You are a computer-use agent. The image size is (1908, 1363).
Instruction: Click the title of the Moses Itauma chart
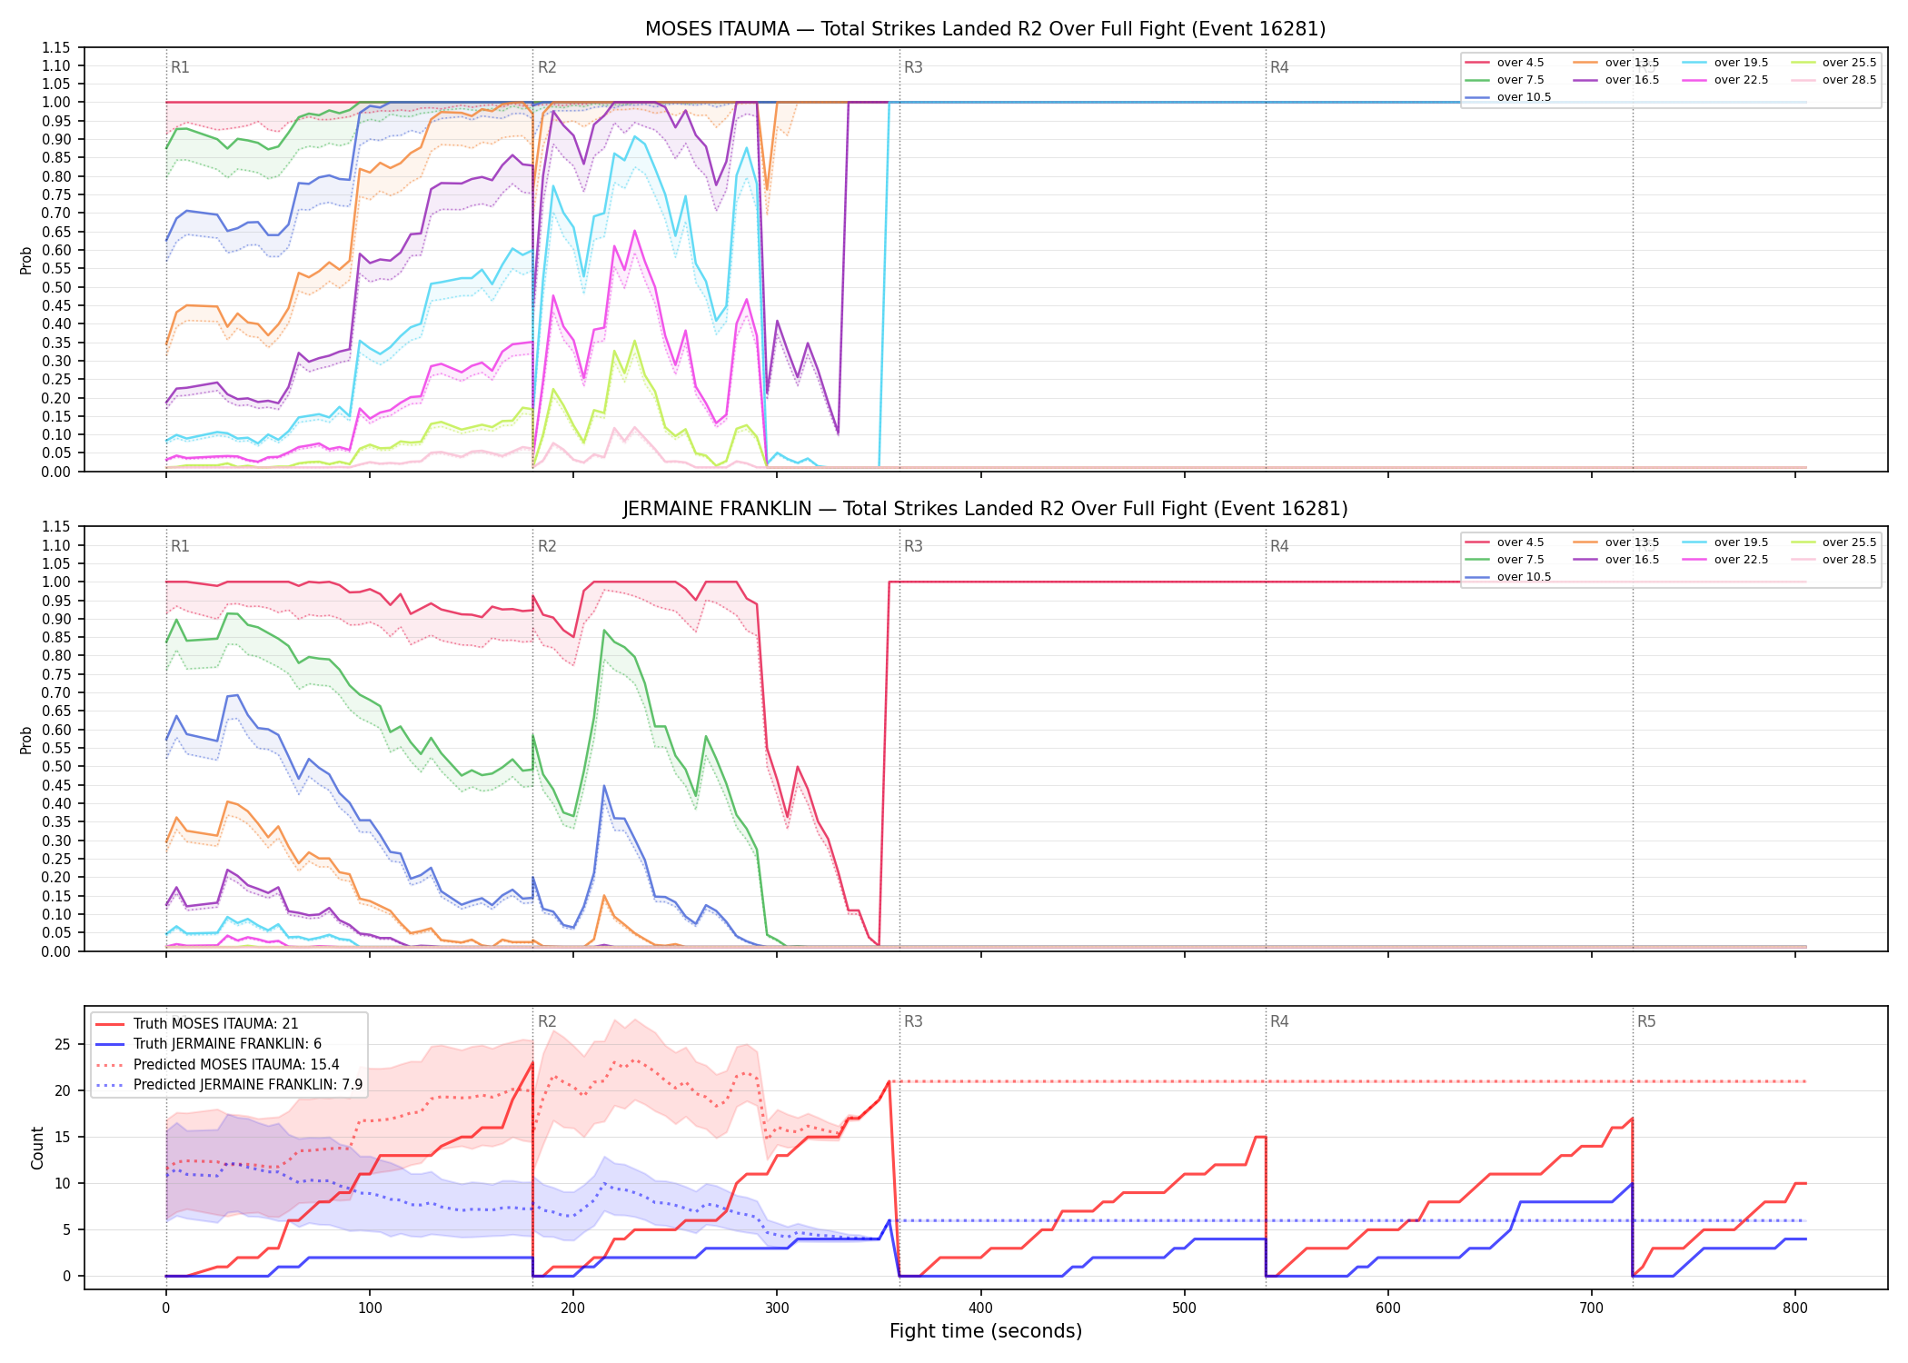985,29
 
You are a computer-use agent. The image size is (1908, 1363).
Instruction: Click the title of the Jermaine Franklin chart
985,509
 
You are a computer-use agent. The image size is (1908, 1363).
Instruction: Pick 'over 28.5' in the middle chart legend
1849,560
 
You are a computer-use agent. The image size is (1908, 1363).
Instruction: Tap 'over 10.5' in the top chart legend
1524,97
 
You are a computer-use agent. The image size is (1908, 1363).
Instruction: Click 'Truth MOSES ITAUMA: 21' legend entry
215,1024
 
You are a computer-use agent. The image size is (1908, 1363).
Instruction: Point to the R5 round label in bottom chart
1646,1021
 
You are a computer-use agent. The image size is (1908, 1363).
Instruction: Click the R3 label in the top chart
913,67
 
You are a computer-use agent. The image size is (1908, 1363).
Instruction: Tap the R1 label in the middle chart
180,546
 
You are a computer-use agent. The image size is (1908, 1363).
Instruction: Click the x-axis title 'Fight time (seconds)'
986,1331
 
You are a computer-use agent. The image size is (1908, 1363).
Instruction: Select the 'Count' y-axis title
37,1148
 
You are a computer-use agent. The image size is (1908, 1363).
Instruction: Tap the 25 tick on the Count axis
63,1044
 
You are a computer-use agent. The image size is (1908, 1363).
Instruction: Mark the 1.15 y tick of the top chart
55,47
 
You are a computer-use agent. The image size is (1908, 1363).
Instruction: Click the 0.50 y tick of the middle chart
55,766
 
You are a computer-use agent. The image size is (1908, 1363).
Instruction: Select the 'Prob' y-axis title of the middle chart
26,740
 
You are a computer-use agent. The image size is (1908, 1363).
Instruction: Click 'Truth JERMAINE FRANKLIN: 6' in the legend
227,1044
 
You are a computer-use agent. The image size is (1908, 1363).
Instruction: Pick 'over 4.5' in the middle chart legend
1520,542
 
